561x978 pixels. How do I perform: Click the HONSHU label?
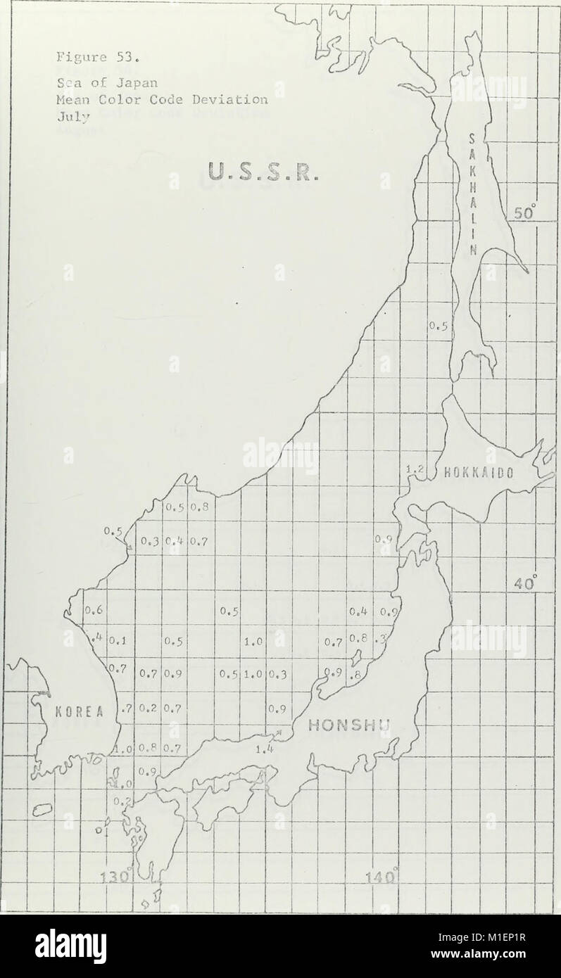tap(343, 725)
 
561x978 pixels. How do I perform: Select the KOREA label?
tap(78, 710)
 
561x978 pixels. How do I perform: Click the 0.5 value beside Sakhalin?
tap(438, 326)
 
